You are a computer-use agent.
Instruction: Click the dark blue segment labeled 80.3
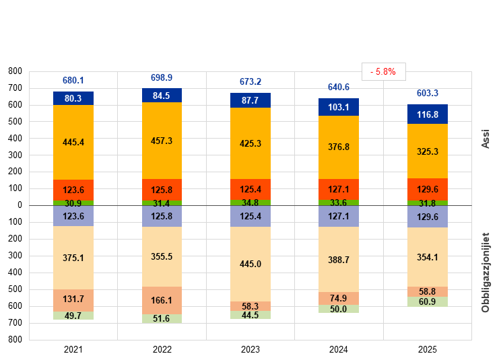[x=73, y=98]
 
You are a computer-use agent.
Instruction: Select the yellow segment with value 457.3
[x=162, y=141]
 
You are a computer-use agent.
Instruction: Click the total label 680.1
[x=73, y=80]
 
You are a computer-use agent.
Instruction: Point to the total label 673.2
[x=250, y=82]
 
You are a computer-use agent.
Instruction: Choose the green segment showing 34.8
[x=250, y=203]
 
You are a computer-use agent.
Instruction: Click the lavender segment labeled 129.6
[x=428, y=217]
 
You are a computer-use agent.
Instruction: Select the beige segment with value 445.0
[x=250, y=264]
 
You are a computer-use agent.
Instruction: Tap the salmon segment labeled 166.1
[x=162, y=301]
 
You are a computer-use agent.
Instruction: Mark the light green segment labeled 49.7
[x=73, y=316]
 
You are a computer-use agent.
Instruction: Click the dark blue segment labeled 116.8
[x=428, y=114]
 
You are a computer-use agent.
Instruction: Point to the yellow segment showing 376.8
[x=339, y=147]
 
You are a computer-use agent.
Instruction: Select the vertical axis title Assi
[x=486, y=139]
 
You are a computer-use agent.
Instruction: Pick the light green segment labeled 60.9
[x=428, y=301]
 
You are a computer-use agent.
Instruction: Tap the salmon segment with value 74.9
[x=339, y=299]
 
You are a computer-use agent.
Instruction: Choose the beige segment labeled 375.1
[x=73, y=258]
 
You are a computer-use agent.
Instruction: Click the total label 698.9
[x=162, y=78]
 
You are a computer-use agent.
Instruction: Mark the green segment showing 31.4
[x=162, y=203]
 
